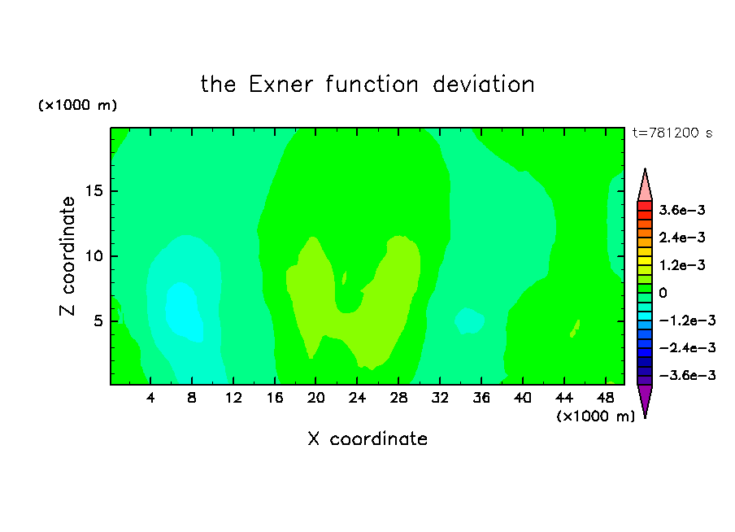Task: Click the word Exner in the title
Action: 281,85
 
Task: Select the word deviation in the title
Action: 483,85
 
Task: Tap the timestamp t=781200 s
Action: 672,133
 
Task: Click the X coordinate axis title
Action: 367,438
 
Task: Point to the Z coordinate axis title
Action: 67,255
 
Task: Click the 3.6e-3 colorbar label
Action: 682,210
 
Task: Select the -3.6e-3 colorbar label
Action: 687,375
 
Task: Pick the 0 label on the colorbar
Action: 663,293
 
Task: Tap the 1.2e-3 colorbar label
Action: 682,265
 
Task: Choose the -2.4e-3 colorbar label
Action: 687,347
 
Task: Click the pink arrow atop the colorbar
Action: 645,185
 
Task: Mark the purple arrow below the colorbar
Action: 645,401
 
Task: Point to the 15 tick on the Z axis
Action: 94,191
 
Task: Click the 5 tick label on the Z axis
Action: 98,321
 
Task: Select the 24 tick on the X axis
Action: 357,398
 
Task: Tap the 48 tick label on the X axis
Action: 605,398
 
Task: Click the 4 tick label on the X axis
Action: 150,398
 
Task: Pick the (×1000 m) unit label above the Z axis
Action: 77,105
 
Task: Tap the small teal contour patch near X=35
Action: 469,321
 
